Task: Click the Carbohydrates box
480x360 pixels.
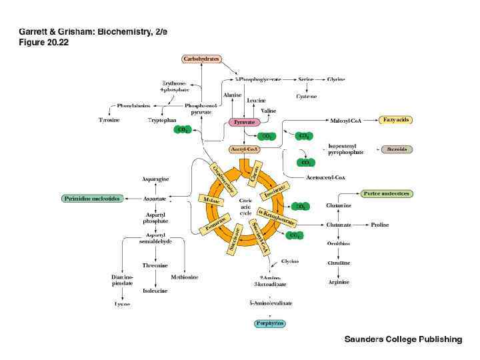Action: [x=201, y=59]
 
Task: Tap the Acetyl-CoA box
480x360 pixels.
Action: [x=243, y=149]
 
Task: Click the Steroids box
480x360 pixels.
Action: [x=397, y=149]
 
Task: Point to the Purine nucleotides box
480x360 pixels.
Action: [x=387, y=193]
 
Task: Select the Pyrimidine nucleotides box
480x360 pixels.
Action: [x=92, y=199]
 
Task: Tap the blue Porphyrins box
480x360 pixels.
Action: [x=270, y=323]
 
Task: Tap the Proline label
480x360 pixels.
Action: [x=380, y=225]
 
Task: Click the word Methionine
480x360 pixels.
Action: [x=183, y=277]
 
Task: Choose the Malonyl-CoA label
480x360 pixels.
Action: [x=345, y=120]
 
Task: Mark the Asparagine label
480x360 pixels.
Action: [x=155, y=179]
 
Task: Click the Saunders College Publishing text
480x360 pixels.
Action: [x=403, y=339]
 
